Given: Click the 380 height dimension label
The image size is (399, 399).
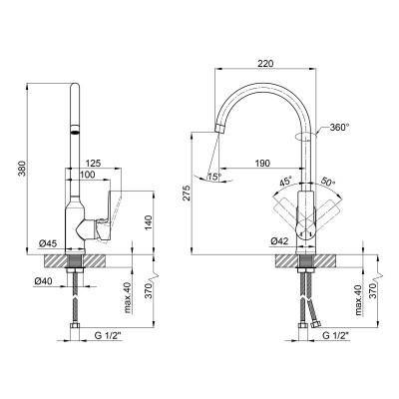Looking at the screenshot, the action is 21,170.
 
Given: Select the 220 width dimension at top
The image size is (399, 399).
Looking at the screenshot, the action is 265,64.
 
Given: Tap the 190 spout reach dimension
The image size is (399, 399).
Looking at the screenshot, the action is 262,164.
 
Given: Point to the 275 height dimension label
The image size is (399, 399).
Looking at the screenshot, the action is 187,194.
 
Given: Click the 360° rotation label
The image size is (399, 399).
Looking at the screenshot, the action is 340,127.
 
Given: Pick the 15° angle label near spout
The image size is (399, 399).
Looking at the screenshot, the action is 214,178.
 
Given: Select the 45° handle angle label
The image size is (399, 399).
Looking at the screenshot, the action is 285,182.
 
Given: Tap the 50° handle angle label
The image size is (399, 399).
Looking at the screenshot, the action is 328,182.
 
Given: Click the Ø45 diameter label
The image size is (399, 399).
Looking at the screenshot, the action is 48,243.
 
